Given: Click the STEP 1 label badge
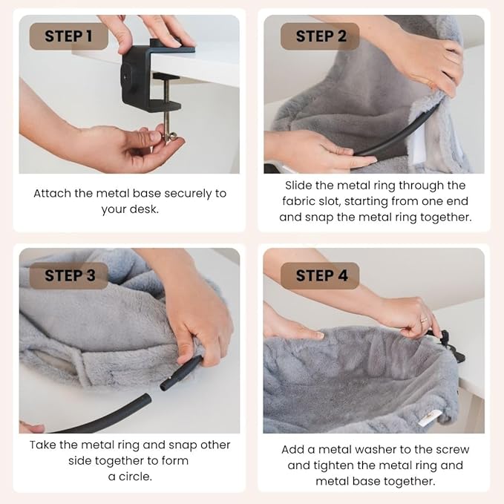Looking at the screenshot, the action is [69, 36].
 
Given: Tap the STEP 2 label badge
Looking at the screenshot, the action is [320, 36].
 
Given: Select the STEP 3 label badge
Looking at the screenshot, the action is [69, 275].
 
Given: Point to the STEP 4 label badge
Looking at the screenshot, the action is [320, 275].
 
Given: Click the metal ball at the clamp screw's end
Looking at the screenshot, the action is [172, 137].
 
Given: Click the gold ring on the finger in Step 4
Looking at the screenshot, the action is [424, 319].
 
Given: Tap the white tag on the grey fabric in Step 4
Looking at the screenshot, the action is [428, 419].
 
